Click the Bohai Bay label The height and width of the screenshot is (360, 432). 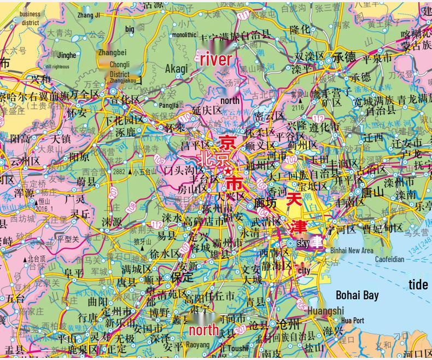click(x=357, y=295)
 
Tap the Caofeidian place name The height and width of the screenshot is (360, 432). click(x=389, y=259)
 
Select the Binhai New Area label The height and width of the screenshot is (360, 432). click(x=352, y=250)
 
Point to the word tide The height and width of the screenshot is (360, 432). click(x=418, y=284)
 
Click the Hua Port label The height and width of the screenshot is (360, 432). click(x=352, y=321)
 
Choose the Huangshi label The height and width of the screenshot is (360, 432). click(x=326, y=311)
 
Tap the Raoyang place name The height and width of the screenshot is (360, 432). click(x=197, y=345)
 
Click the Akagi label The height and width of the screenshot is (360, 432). click(x=176, y=68)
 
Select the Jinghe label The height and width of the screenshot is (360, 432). click(x=67, y=55)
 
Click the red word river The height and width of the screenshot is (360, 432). click(x=215, y=60)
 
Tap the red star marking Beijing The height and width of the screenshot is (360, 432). click(x=227, y=171)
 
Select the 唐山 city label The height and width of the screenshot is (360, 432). click(x=372, y=193)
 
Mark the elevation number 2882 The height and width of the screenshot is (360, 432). click(x=120, y=172)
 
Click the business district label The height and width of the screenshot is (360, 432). click(x=30, y=19)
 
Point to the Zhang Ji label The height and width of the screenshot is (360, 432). click(x=89, y=15)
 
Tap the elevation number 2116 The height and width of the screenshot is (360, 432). click(x=297, y=108)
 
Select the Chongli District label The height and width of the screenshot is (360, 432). click(x=120, y=69)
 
